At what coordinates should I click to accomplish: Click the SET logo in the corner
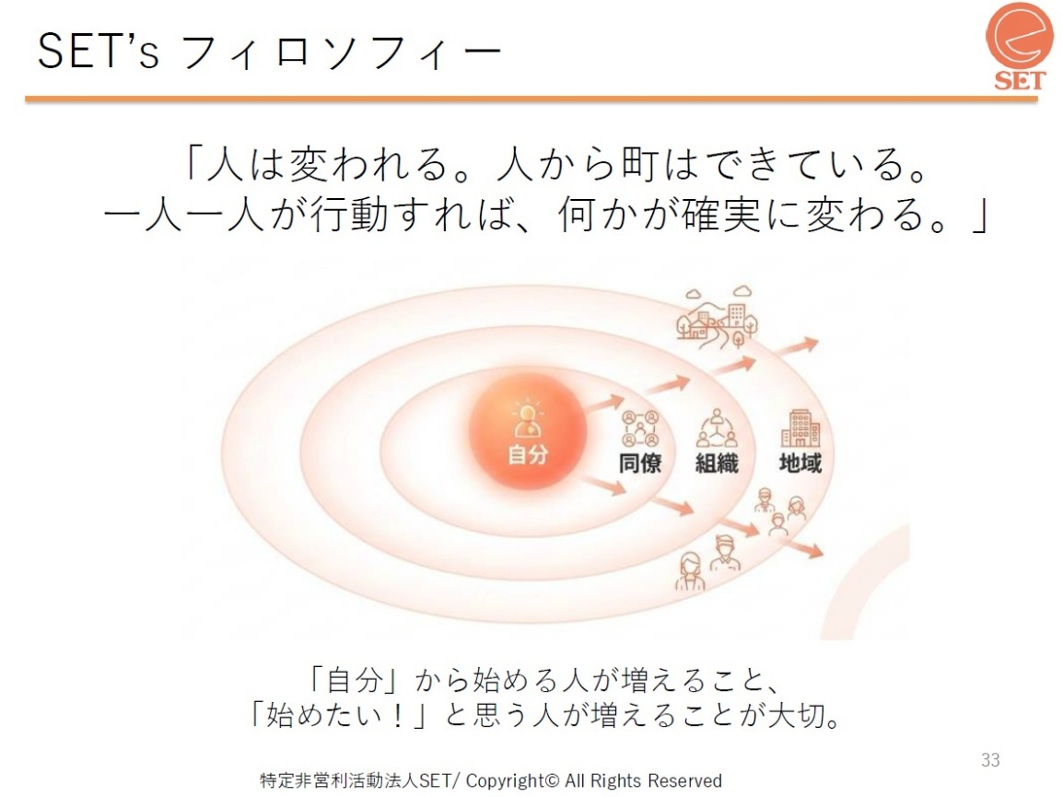[1020, 46]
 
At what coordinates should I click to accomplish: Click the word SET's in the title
[99, 52]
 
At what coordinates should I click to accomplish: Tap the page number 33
[990, 760]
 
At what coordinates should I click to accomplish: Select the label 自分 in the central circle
[528, 453]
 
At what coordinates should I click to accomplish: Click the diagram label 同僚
[640, 463]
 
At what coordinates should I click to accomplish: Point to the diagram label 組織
[717, 463]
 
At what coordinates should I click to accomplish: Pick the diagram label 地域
[800, 463]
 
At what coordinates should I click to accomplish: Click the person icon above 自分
[528, 420]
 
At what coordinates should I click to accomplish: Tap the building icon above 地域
[800, 428]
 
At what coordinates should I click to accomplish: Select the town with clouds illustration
[718, 316]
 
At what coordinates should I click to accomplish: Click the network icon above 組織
[717, 428]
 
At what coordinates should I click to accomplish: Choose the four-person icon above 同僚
[640, 428]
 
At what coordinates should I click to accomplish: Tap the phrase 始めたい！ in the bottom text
[335, 715]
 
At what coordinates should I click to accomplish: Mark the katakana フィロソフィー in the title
[342, 53]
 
